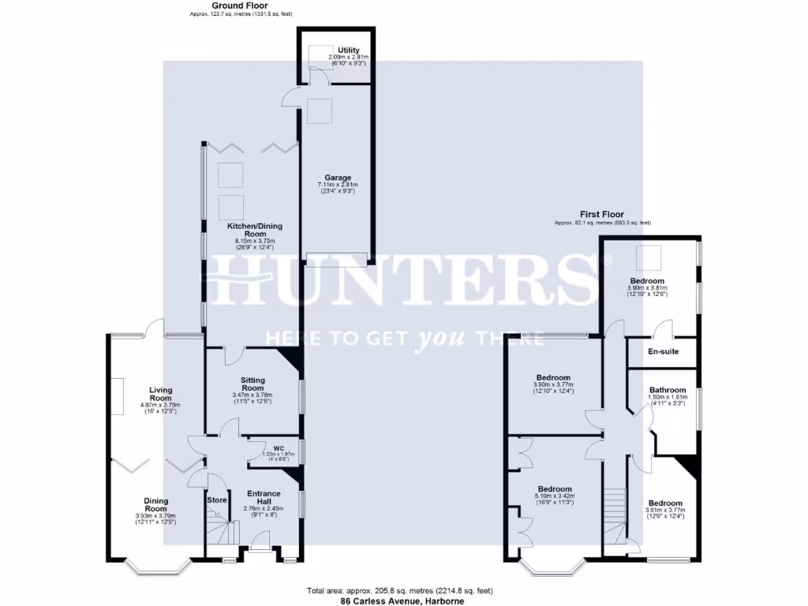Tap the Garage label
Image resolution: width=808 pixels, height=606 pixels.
338,178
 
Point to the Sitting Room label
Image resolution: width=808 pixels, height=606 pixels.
252,383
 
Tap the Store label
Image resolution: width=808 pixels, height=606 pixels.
217,500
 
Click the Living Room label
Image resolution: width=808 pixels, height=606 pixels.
161,394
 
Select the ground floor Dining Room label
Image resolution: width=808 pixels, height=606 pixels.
155,504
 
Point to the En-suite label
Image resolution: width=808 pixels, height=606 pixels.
663,352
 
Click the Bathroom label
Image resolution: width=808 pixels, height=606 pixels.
668,390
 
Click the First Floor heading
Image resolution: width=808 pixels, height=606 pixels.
601,215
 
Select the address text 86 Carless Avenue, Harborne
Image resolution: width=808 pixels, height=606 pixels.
402,600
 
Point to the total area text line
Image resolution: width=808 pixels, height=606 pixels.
402,591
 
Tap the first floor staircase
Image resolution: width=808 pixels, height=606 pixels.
614,510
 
